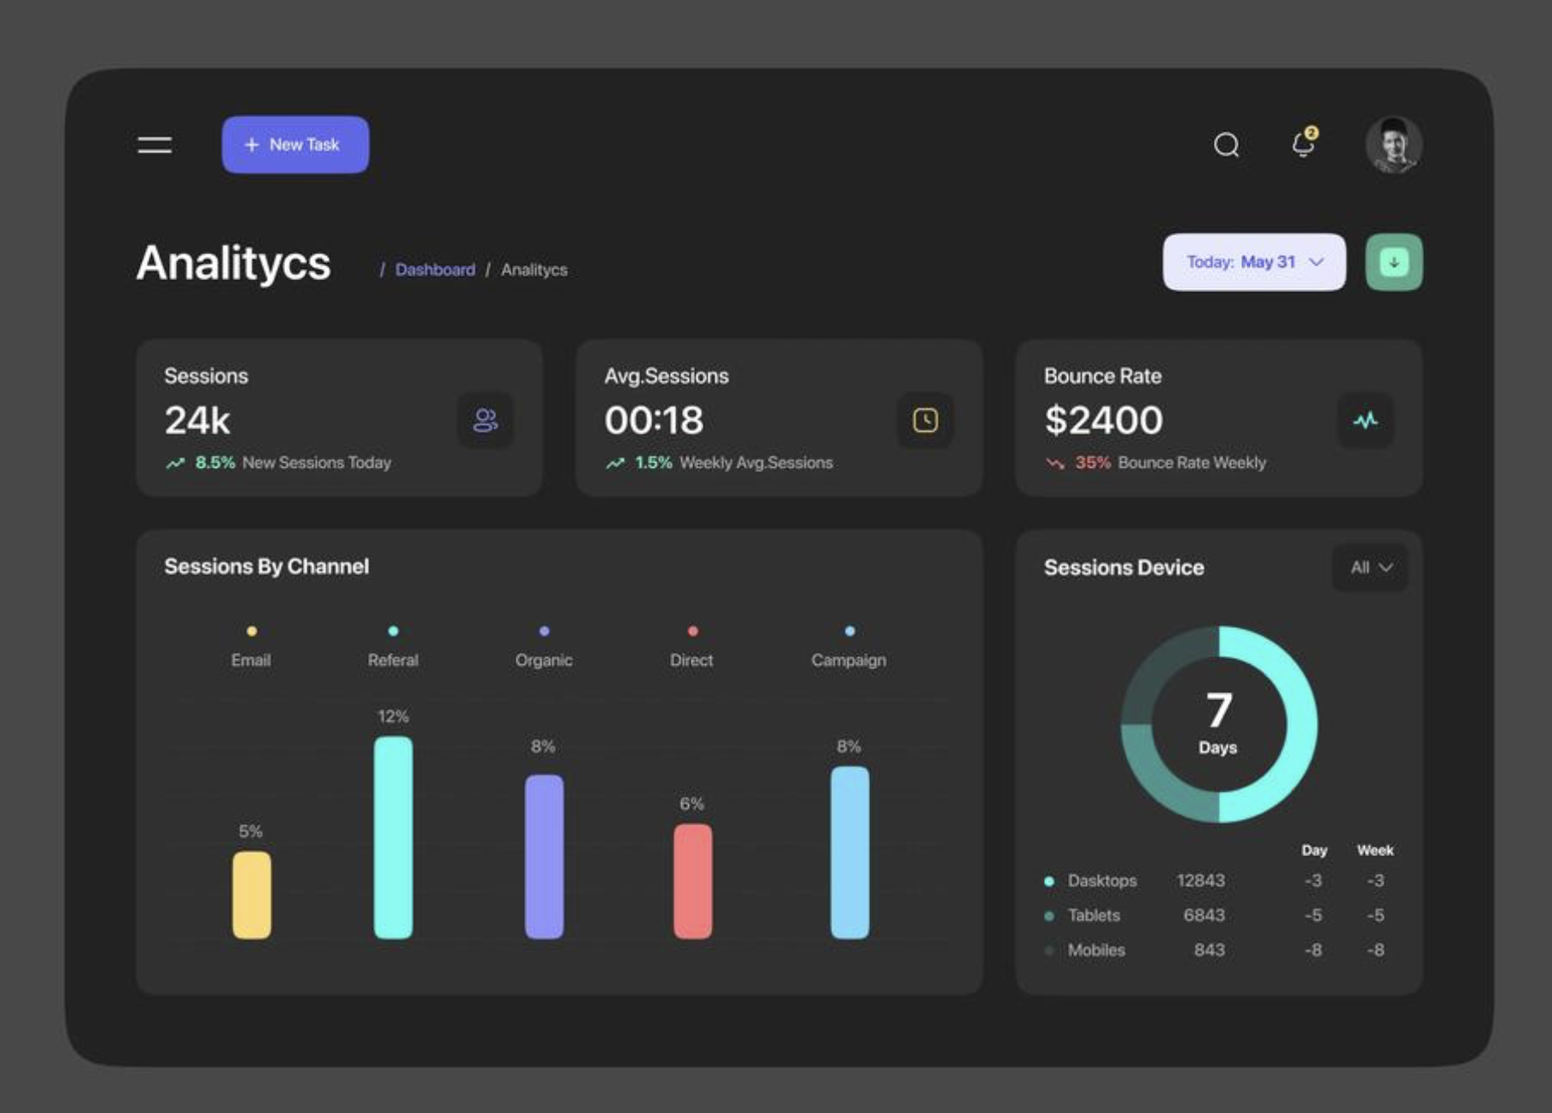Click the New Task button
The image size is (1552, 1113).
coord(295,145)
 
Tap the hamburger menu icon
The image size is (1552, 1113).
coord(155,145)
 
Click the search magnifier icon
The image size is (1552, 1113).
coord(1226,145)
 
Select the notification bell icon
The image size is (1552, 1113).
coord(1303,143)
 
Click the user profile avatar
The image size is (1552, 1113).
coord(1393,145)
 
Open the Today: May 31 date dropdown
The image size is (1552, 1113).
coord(1253,262)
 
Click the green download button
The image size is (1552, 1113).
coord(1393,262)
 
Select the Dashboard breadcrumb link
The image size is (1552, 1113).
coord(435,270)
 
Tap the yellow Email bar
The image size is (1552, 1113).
coord(252,894)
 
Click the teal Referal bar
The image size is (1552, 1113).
coord(393,837)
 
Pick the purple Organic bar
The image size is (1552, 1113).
coord(544,856)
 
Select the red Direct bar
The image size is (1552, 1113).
coord(692,881)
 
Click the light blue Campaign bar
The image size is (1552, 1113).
coord(849,852)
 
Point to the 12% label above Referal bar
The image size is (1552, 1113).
coord(393,716)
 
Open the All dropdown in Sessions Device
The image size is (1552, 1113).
coord(1370,568)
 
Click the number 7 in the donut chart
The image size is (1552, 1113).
coord(1218,710)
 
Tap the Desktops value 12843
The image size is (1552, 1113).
coord(1200,880)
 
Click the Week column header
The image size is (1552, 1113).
coord(1374,850)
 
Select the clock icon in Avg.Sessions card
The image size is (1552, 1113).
coord(925,420)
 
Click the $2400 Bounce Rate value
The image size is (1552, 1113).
coord(1103,420)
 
